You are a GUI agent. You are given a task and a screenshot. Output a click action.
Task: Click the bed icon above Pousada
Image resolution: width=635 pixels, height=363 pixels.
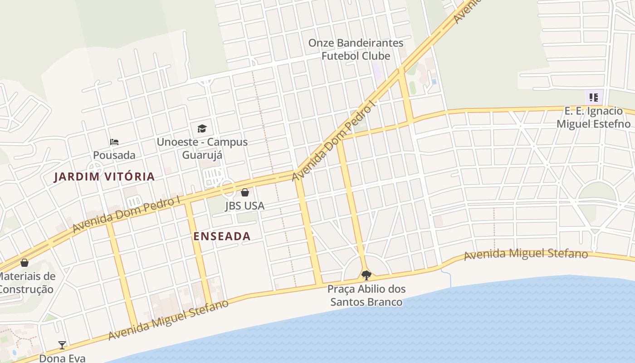coord(114,142)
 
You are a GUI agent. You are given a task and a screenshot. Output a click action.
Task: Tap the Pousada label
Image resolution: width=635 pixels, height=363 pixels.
coord(114,155)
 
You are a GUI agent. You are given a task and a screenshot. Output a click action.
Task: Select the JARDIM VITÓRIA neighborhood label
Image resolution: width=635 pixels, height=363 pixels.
coord(104,177)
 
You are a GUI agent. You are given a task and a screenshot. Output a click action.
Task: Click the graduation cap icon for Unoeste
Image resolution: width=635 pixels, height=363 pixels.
coord(202,128)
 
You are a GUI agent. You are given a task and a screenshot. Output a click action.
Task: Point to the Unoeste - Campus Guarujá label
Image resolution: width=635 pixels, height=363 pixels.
coord(202,148)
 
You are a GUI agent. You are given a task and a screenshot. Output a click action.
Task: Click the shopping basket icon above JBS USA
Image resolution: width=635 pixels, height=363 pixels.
coord(245,192)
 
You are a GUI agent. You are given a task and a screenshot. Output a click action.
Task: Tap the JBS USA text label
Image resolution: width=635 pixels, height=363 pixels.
coord(245,206)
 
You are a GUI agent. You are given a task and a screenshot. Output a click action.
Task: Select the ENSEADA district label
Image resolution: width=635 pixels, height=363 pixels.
coord(222,236)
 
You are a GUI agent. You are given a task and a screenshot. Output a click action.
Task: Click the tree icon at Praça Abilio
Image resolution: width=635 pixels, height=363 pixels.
coord(366,275)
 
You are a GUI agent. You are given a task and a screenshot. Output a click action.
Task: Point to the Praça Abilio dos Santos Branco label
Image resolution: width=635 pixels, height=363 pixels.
coord(366,295)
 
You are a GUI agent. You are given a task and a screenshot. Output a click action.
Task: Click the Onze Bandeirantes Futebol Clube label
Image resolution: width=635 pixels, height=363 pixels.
coord(356,49)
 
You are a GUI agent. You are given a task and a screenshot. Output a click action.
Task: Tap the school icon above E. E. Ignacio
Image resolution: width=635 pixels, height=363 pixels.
coord(593,97)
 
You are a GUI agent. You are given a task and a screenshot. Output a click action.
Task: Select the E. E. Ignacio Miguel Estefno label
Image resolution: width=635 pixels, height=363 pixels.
coord(593,118)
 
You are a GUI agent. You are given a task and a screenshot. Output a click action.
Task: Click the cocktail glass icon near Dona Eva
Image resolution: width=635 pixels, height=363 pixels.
coord(62,345)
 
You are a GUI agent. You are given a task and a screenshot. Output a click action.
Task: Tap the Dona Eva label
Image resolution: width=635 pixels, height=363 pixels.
coord(62,358)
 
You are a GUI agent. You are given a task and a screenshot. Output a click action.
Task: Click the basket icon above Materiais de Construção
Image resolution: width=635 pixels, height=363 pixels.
coord(24,263)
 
